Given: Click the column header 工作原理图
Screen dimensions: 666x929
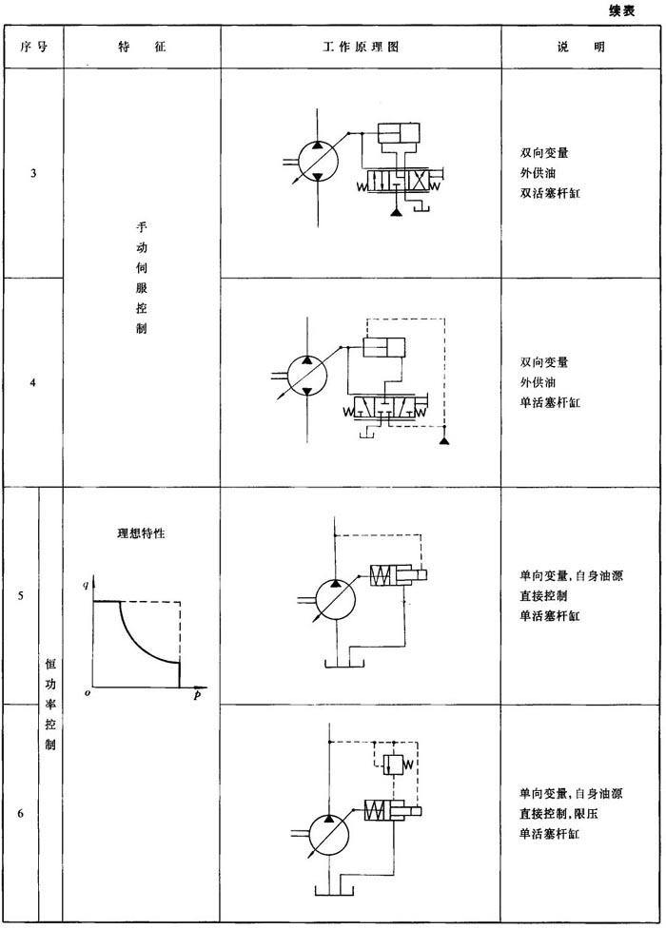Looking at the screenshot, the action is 361,47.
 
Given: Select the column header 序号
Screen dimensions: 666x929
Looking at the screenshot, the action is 33,47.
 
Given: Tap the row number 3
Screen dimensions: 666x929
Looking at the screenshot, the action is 33,174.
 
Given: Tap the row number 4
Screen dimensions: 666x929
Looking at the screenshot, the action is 33,383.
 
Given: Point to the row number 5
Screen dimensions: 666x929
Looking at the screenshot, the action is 21,595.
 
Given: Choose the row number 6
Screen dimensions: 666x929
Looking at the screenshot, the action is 21,813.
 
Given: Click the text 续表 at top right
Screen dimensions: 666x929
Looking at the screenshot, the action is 621,10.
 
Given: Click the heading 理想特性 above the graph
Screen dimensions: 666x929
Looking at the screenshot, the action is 141,533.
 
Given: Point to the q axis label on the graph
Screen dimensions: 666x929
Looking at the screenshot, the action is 86,585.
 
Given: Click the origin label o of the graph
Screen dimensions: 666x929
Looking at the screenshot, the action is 88,693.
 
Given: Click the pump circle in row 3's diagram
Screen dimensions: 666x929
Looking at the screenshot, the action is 318,160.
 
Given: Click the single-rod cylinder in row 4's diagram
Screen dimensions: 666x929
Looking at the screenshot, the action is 383,347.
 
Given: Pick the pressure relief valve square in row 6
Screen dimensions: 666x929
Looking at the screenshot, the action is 393,764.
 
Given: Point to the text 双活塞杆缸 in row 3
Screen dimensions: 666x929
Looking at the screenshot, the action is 550,193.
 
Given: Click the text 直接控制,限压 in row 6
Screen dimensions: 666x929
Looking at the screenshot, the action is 559,813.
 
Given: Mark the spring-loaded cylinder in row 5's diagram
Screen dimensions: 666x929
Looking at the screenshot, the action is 399,575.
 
